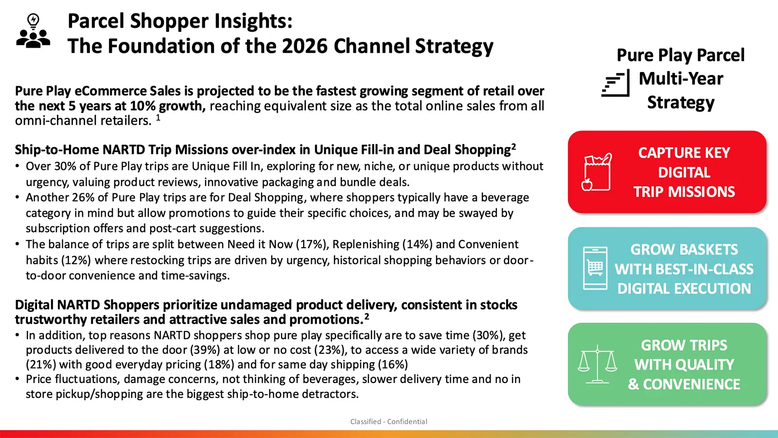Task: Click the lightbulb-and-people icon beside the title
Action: point(33,31)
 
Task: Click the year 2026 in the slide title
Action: point(304,46)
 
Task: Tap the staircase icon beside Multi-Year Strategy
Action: point(616,83)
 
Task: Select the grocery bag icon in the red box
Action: point(596,172)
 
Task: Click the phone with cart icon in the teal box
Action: point(595,268)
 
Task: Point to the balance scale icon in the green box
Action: point(598,365)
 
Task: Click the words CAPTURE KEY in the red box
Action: point(684,153)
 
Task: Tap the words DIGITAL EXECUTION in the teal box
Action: point(684,289)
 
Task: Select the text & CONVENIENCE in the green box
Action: point(684,384)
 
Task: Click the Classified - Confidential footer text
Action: point(389,421)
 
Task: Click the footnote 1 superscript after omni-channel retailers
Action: point(158,117)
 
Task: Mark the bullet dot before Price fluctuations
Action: point(18,379)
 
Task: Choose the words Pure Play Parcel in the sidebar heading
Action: point(681,55)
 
